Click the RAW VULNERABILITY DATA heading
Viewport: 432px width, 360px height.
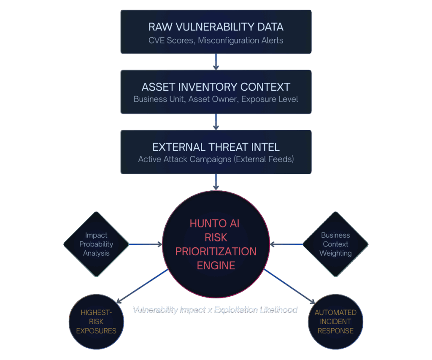pyautogui.click(x=216, y=27)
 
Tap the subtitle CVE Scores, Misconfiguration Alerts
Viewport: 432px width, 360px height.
pyautogui.click(x=216, y=41)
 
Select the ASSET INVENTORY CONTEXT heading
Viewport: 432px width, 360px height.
pyautogui.click(x=216, y=87)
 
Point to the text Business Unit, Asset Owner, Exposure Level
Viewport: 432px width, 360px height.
pyautogui.click(x=216, y=99)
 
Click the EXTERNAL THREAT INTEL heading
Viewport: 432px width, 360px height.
pyautogui.click(x=216, y=147)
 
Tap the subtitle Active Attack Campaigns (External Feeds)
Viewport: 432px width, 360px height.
pyautogui.click(x=216, y=160)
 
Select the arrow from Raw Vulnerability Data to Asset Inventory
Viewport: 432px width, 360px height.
pyautogui.click(x=216, y=62)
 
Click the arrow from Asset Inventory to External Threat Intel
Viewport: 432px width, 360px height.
pyautogui.click(x=216, y=122)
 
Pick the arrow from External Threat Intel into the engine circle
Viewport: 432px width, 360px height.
pyautogui.click(x=216, y=182)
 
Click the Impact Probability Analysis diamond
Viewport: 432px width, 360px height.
pyautogui.click(x=96, y=244)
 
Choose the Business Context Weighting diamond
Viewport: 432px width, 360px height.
pyautogui.click(x=335, y=244)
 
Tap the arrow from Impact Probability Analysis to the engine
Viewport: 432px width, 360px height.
pyautogui.click(x=146, y=244)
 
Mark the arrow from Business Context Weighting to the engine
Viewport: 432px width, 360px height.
pyautogui.click(x=287, y=244)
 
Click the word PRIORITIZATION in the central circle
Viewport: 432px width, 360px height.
pyautogui.click(x=216, y=252)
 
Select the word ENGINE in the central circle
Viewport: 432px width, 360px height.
pyautogui.click(x=216, y=265)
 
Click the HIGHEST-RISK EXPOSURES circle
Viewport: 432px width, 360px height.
pyautogui.click(x=96, y=322)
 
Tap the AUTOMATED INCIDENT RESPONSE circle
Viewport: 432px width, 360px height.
pyautogui.click(x=335, y=322)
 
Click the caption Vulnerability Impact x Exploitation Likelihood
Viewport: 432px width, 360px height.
pyautogui.click(x=215, y=310)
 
